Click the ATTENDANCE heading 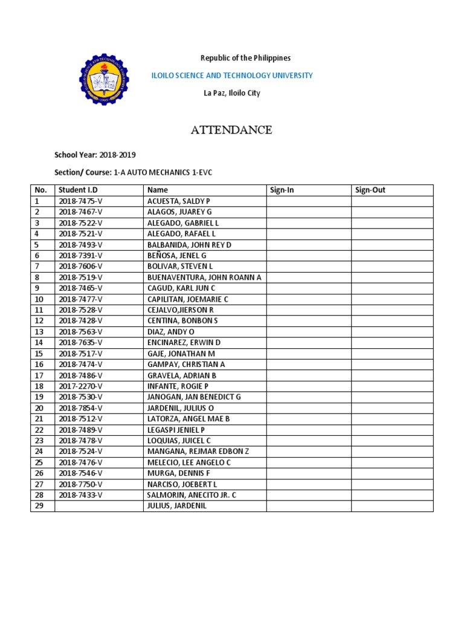tap(231, 130)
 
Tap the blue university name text tap(231, 76)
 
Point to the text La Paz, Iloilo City tap(231, 93)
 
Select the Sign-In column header tap(282, 190)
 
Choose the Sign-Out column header tap(370, 190)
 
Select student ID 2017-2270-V tap(81, 386)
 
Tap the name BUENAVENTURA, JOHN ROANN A tap(204, 277)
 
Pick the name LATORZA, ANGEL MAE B tap(188, 418)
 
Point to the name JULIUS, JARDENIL tap(176, 505)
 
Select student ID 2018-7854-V tap(81, 407)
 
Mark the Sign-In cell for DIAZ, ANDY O tap(308, 331)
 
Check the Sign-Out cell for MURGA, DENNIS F tap(392, 473)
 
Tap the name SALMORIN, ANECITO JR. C tap(192, 494)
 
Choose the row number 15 tap(39, 353)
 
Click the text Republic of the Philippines tap(245, 58)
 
